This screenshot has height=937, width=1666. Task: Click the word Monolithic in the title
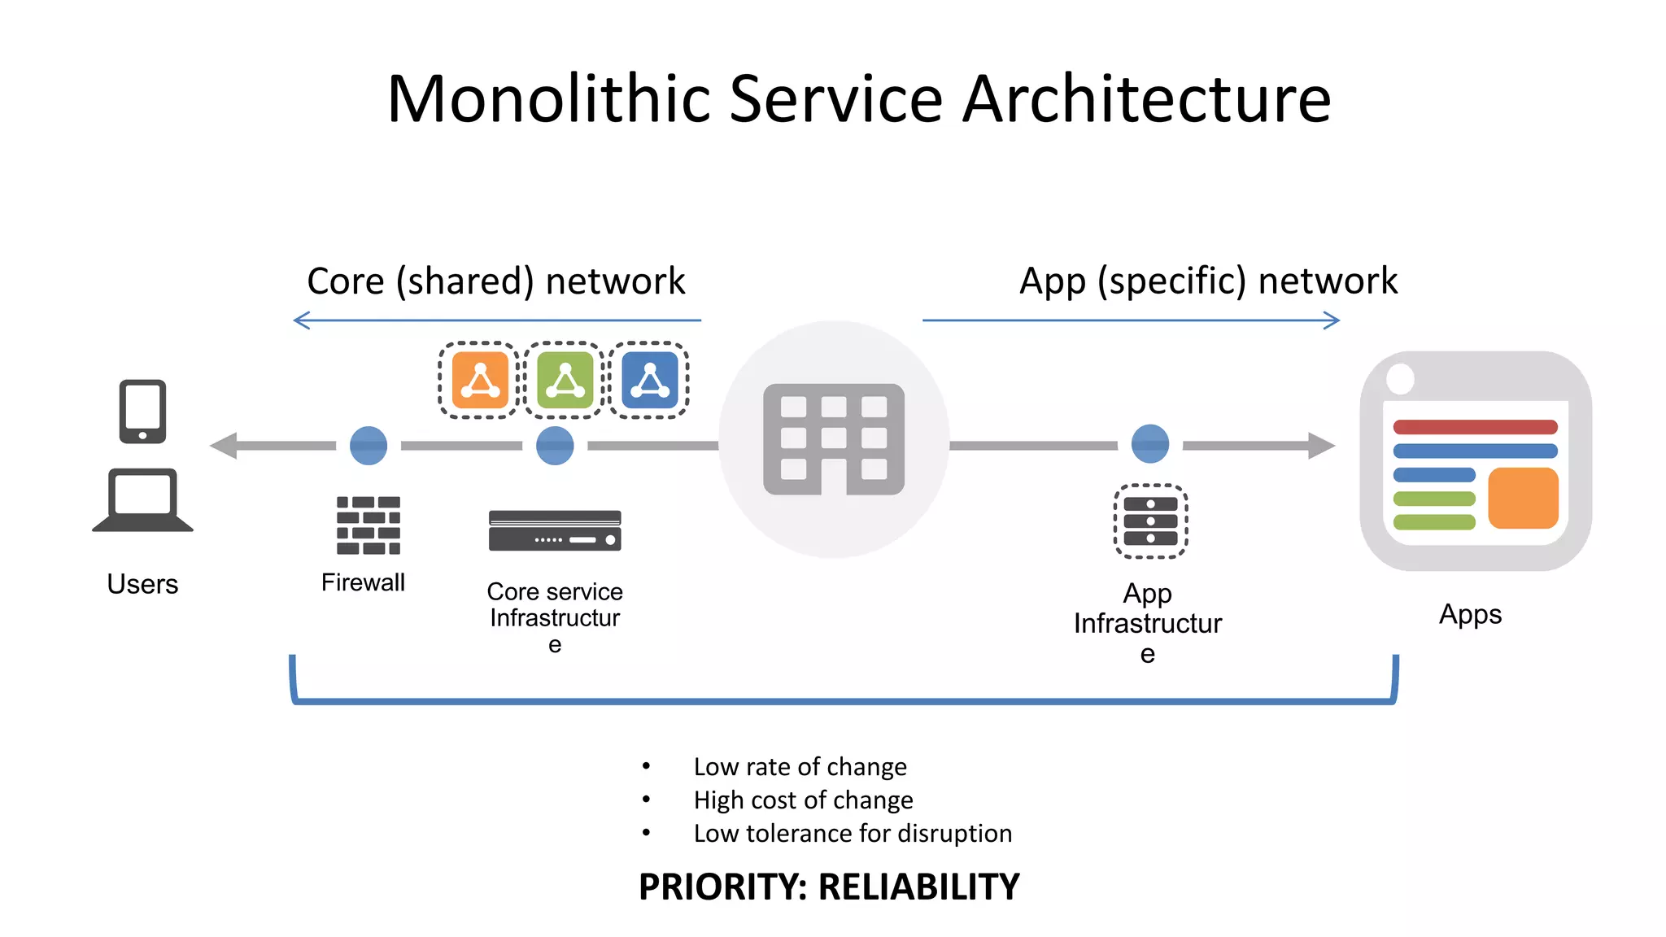coord(550,99)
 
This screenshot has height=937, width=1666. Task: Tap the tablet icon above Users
coord(142,411)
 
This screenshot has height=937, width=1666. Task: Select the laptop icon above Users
coord(142,499)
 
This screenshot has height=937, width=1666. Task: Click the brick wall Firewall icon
coord(369,525)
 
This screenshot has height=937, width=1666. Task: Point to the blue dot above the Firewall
coord(369,446)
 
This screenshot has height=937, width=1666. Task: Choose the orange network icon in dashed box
coord(480,380)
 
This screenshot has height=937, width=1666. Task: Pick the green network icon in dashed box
coord(565,380)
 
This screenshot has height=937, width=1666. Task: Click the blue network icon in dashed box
coord(649,380)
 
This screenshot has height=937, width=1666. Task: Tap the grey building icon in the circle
coord(834,439)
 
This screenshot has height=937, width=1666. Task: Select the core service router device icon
coord(555,530)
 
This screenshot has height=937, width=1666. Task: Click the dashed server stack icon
coord(1150,521)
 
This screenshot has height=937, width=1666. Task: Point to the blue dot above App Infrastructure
coord(1150,444)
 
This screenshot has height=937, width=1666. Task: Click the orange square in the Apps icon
coord(1523,498)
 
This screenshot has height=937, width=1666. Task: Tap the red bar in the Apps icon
coord(1475,427)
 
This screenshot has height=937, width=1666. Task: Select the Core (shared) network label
coord(496,281)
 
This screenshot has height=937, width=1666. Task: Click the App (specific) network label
coord(1208,281)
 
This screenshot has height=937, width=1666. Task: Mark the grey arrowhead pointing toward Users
coord(224,446)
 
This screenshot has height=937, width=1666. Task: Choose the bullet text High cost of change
coord(803,800)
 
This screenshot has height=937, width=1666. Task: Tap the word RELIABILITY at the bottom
coord(918,887)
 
